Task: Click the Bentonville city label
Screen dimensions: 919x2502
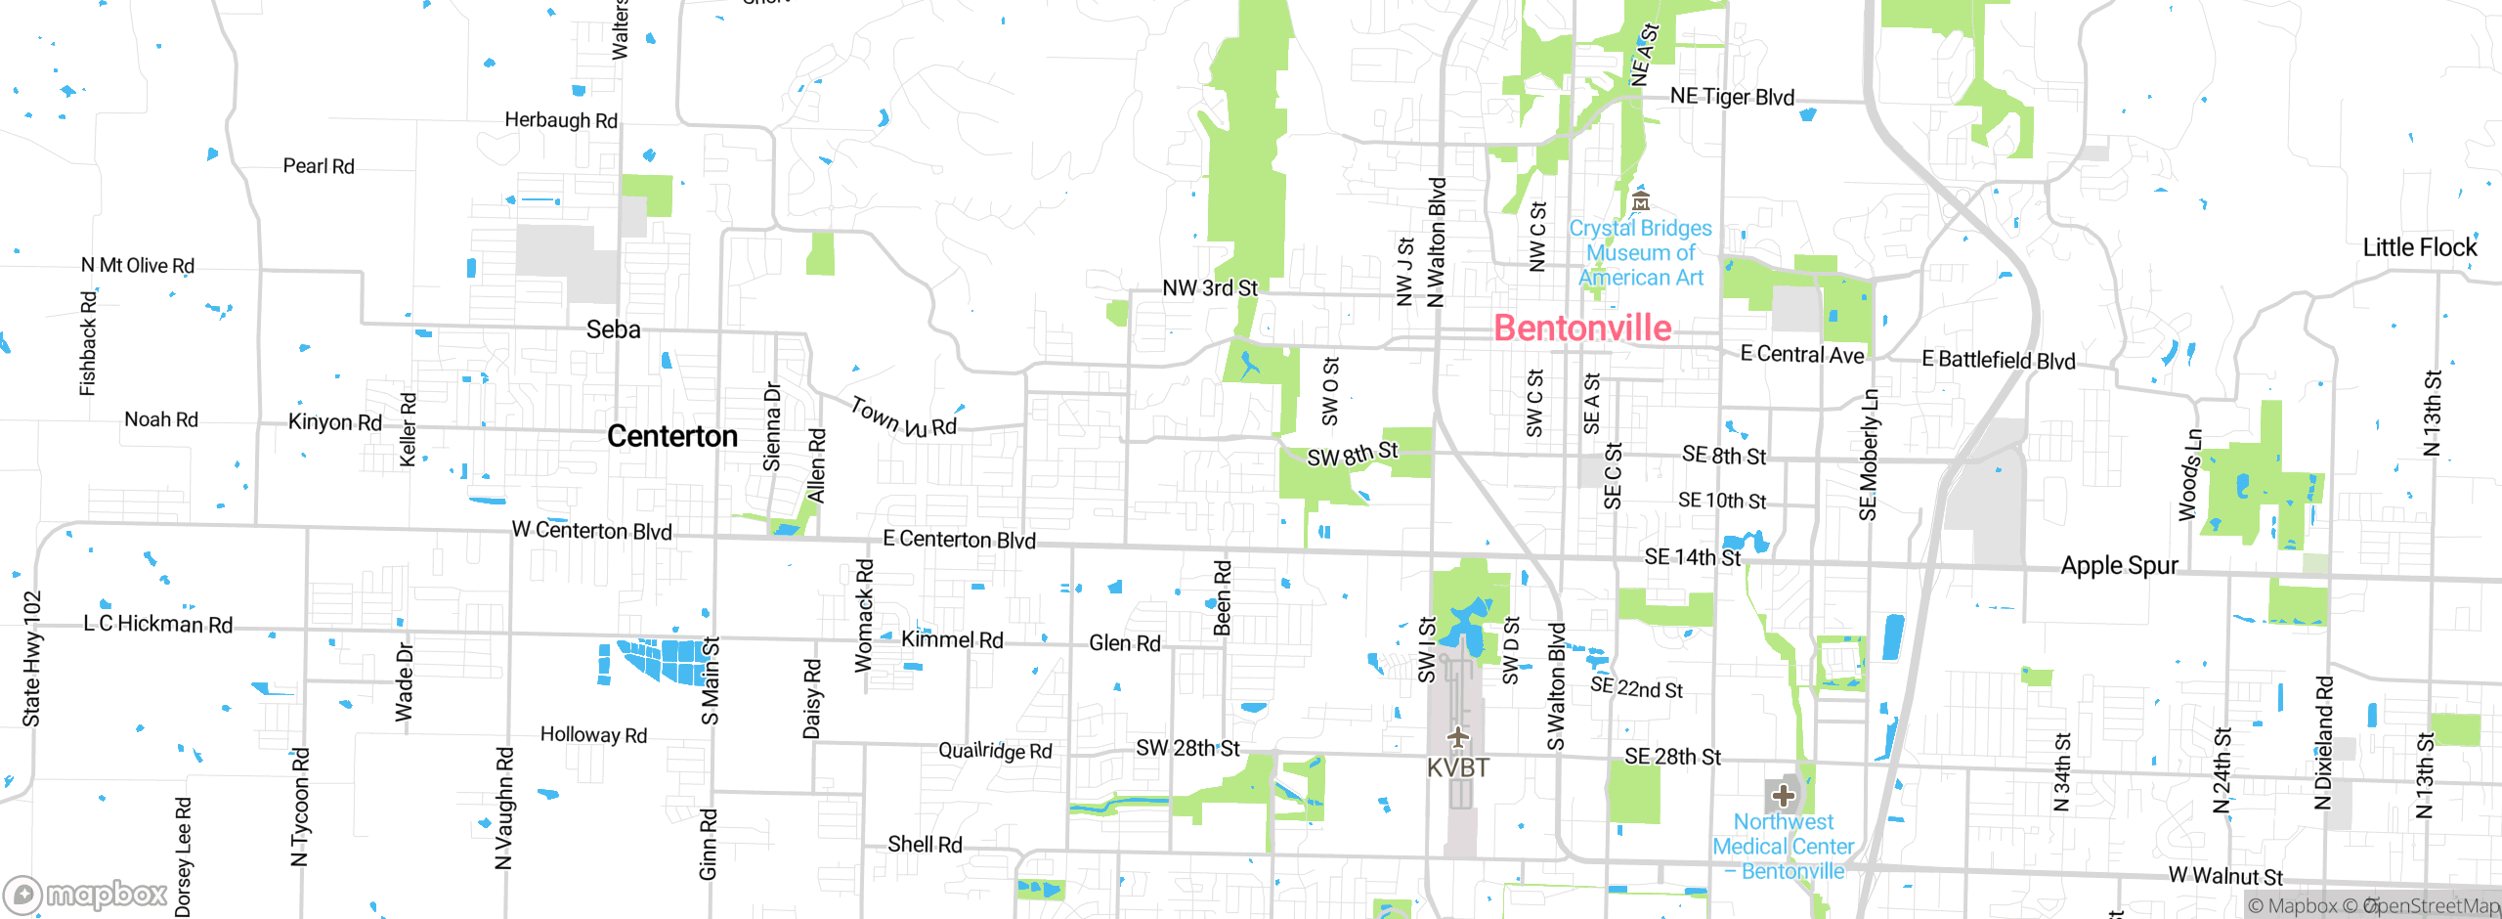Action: pyautogui.click(x=1582, y=328)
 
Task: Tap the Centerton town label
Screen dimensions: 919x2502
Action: pyautogui.click(x=672, y=436)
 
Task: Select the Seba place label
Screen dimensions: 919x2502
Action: pyautogui.click(x=613, y=330)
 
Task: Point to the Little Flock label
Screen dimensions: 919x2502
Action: pyautogui.click(x=2419, y=248)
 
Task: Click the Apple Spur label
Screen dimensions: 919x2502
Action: pyautogui.click(x=2119, y=566)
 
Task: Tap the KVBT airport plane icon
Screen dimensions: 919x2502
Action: pyautogui.click(x=1457, y=736)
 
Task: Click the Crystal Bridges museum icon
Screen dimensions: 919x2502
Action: pyautogui.click(x=1641, y=202)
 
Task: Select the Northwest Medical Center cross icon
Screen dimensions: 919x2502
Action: pyautogui.click(x=1783, y=796)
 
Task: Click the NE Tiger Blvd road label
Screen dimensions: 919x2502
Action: pyautogui.click(x=1732, y=97)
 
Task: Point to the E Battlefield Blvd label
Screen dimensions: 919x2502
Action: pyautogui.click(x=1998, y=360)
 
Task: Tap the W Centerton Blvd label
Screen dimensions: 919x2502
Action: pyautogui.click(x=591, y=531)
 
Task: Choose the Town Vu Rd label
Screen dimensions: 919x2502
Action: pyautogui.click(x=903, y=418)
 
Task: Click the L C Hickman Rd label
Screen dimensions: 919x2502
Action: pyautogui.click(x=158, y=624)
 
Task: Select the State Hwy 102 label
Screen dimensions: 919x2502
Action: pyautogui.click(x=32, y=659)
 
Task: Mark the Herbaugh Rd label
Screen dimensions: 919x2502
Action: pyautogui.click(x=561, y=120)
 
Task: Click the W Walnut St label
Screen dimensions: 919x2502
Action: pyautogui.click(x=2224, y=876)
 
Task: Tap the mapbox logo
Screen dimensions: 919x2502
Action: pyautogui.click(x=86, y=894)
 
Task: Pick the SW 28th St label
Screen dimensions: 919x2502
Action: pyautogui.click(x=1186, y=748)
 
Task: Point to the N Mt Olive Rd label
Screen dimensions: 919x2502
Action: pyautogui.click(x=138, y=266)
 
